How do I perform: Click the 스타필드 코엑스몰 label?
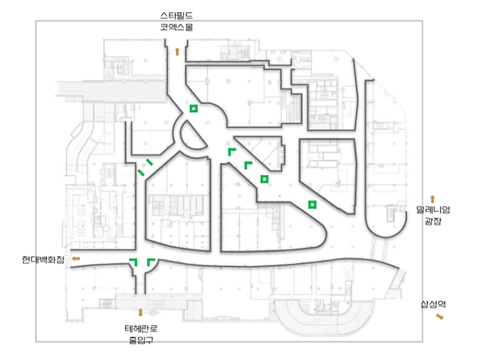(x=177, y=21)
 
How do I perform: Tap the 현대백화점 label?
(x=43, y=260)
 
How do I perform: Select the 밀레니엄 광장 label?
(x=433, y=215)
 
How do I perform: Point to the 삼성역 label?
(x=433, y=305)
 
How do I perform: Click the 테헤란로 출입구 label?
(x=141, y=334)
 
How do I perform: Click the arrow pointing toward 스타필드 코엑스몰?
(x=177, y=52)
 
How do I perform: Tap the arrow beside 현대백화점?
(x=76, y=259)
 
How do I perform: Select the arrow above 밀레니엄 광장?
(x=432, y=200)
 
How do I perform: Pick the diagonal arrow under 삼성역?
(x=440, y=316)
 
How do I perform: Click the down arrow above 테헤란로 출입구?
(x=140, y=313)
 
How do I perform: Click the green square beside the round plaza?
(x=194, y=109)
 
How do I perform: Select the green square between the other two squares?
(x=264, y=179)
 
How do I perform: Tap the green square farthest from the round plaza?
(x=312, y=205)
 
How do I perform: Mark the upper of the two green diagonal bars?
(x=149, y=162)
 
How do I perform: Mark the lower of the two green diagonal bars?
(x=141, y=173)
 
